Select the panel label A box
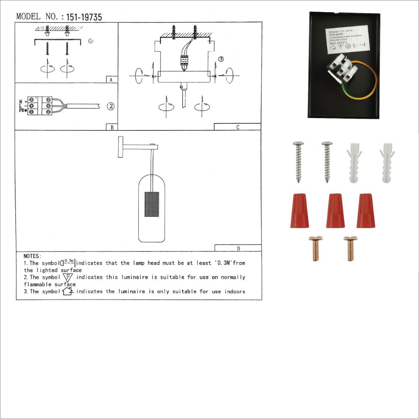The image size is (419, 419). tap(111, 80)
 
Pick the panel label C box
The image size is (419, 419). tap(238, 127)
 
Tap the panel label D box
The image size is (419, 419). tap(238, 248)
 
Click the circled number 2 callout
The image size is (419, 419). tap(110, 106)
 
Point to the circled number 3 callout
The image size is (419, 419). tap(221, 59)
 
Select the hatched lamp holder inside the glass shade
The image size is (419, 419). tap(152, 204)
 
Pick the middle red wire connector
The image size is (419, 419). tap(335, 211)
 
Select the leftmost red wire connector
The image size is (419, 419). tap(299, 211)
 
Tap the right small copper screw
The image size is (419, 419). tap(350, 248)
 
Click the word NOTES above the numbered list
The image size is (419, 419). tap(32, 256)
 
